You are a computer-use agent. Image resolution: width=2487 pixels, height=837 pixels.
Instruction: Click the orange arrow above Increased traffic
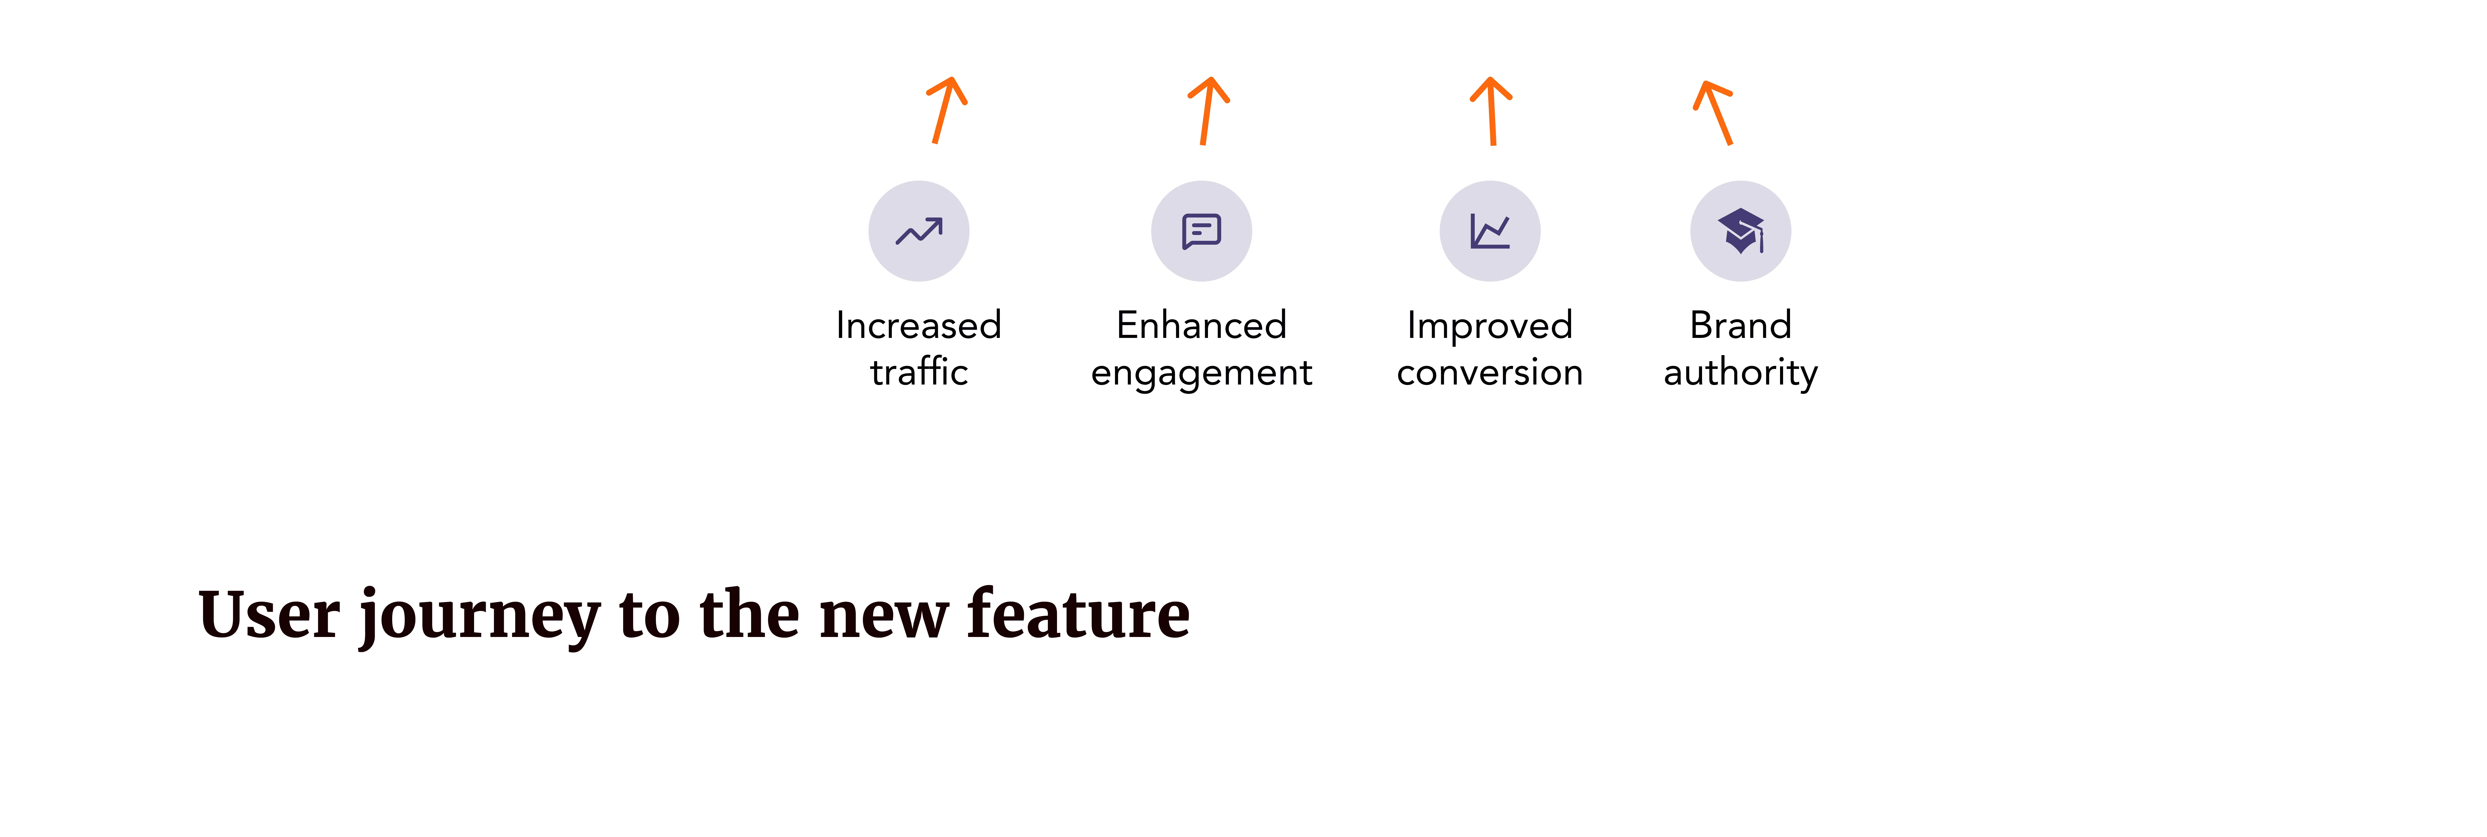tap(945, 110)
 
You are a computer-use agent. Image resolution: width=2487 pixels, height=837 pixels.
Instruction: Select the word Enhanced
tap(1202, 325)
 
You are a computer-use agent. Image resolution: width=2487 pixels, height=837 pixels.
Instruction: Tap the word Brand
tap(1741, 325)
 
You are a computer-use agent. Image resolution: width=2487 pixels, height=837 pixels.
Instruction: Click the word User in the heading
tap(269, 614)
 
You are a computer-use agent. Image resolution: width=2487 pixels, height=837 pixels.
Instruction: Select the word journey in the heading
tap(480, 618)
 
